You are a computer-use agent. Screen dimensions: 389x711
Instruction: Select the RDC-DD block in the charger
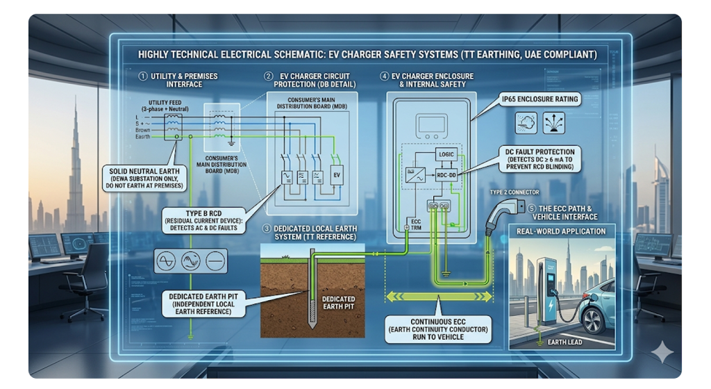click(444, 175)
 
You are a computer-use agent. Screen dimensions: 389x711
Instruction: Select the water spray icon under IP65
click(554, 123)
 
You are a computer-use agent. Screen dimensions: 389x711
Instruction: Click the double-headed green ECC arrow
click(440, 297)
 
